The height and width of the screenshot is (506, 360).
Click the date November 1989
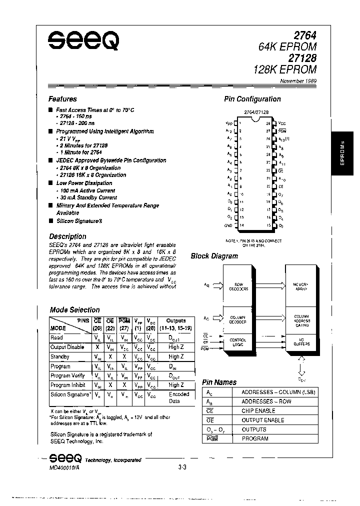297,80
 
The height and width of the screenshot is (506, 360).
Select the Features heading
62,99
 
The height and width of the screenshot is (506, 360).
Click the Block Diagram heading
214,256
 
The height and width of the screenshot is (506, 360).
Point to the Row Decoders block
238,286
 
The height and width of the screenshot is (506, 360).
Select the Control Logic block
238,342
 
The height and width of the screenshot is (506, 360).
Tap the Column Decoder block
238,320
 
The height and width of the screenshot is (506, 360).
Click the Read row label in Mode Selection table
56,338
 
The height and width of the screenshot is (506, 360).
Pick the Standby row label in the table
60,357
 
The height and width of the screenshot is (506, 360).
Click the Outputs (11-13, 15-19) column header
176,324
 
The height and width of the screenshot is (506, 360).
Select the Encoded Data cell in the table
178,397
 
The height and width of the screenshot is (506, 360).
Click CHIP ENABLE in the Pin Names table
257,411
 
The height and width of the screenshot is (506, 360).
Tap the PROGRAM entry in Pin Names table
255,438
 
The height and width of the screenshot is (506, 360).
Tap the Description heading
67,236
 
